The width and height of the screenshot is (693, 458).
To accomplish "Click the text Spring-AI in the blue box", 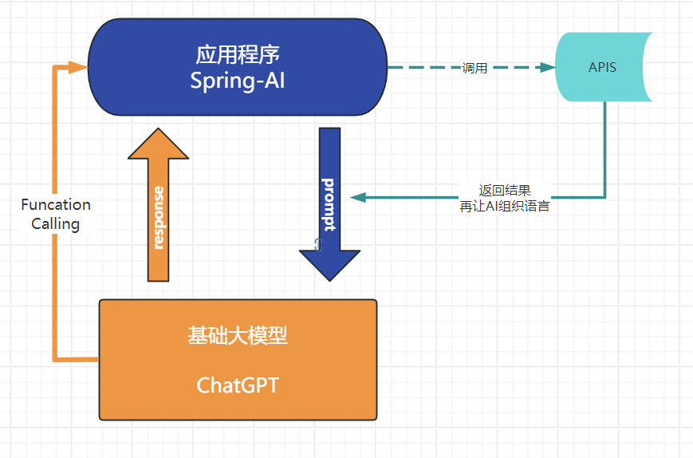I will (x=237, y=81).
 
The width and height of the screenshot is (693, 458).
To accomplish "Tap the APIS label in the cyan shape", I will (x=602, y=67).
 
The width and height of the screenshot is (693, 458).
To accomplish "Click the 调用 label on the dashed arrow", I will (x=474, y=68).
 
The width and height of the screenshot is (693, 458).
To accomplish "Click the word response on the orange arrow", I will (x=159, y=217).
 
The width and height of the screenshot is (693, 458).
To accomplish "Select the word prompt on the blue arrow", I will (x=329, y=204).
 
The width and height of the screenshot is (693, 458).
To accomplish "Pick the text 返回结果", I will (x=504, y=191).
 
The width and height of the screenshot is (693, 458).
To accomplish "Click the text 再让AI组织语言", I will (x=504, y=206).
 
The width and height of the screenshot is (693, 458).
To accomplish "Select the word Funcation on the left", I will (x=56, y=204).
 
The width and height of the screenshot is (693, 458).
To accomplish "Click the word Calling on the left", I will (x=56, y=223).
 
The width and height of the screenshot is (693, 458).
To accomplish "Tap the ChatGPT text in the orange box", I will (x=238, y=385).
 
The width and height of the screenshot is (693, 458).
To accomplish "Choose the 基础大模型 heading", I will (x=238, y=336).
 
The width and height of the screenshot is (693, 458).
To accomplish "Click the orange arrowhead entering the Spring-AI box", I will (x=78, y=67).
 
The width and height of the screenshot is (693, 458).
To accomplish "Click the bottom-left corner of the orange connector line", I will (x=55, y=359).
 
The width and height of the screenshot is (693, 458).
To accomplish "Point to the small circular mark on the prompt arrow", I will (x=317, y=245).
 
